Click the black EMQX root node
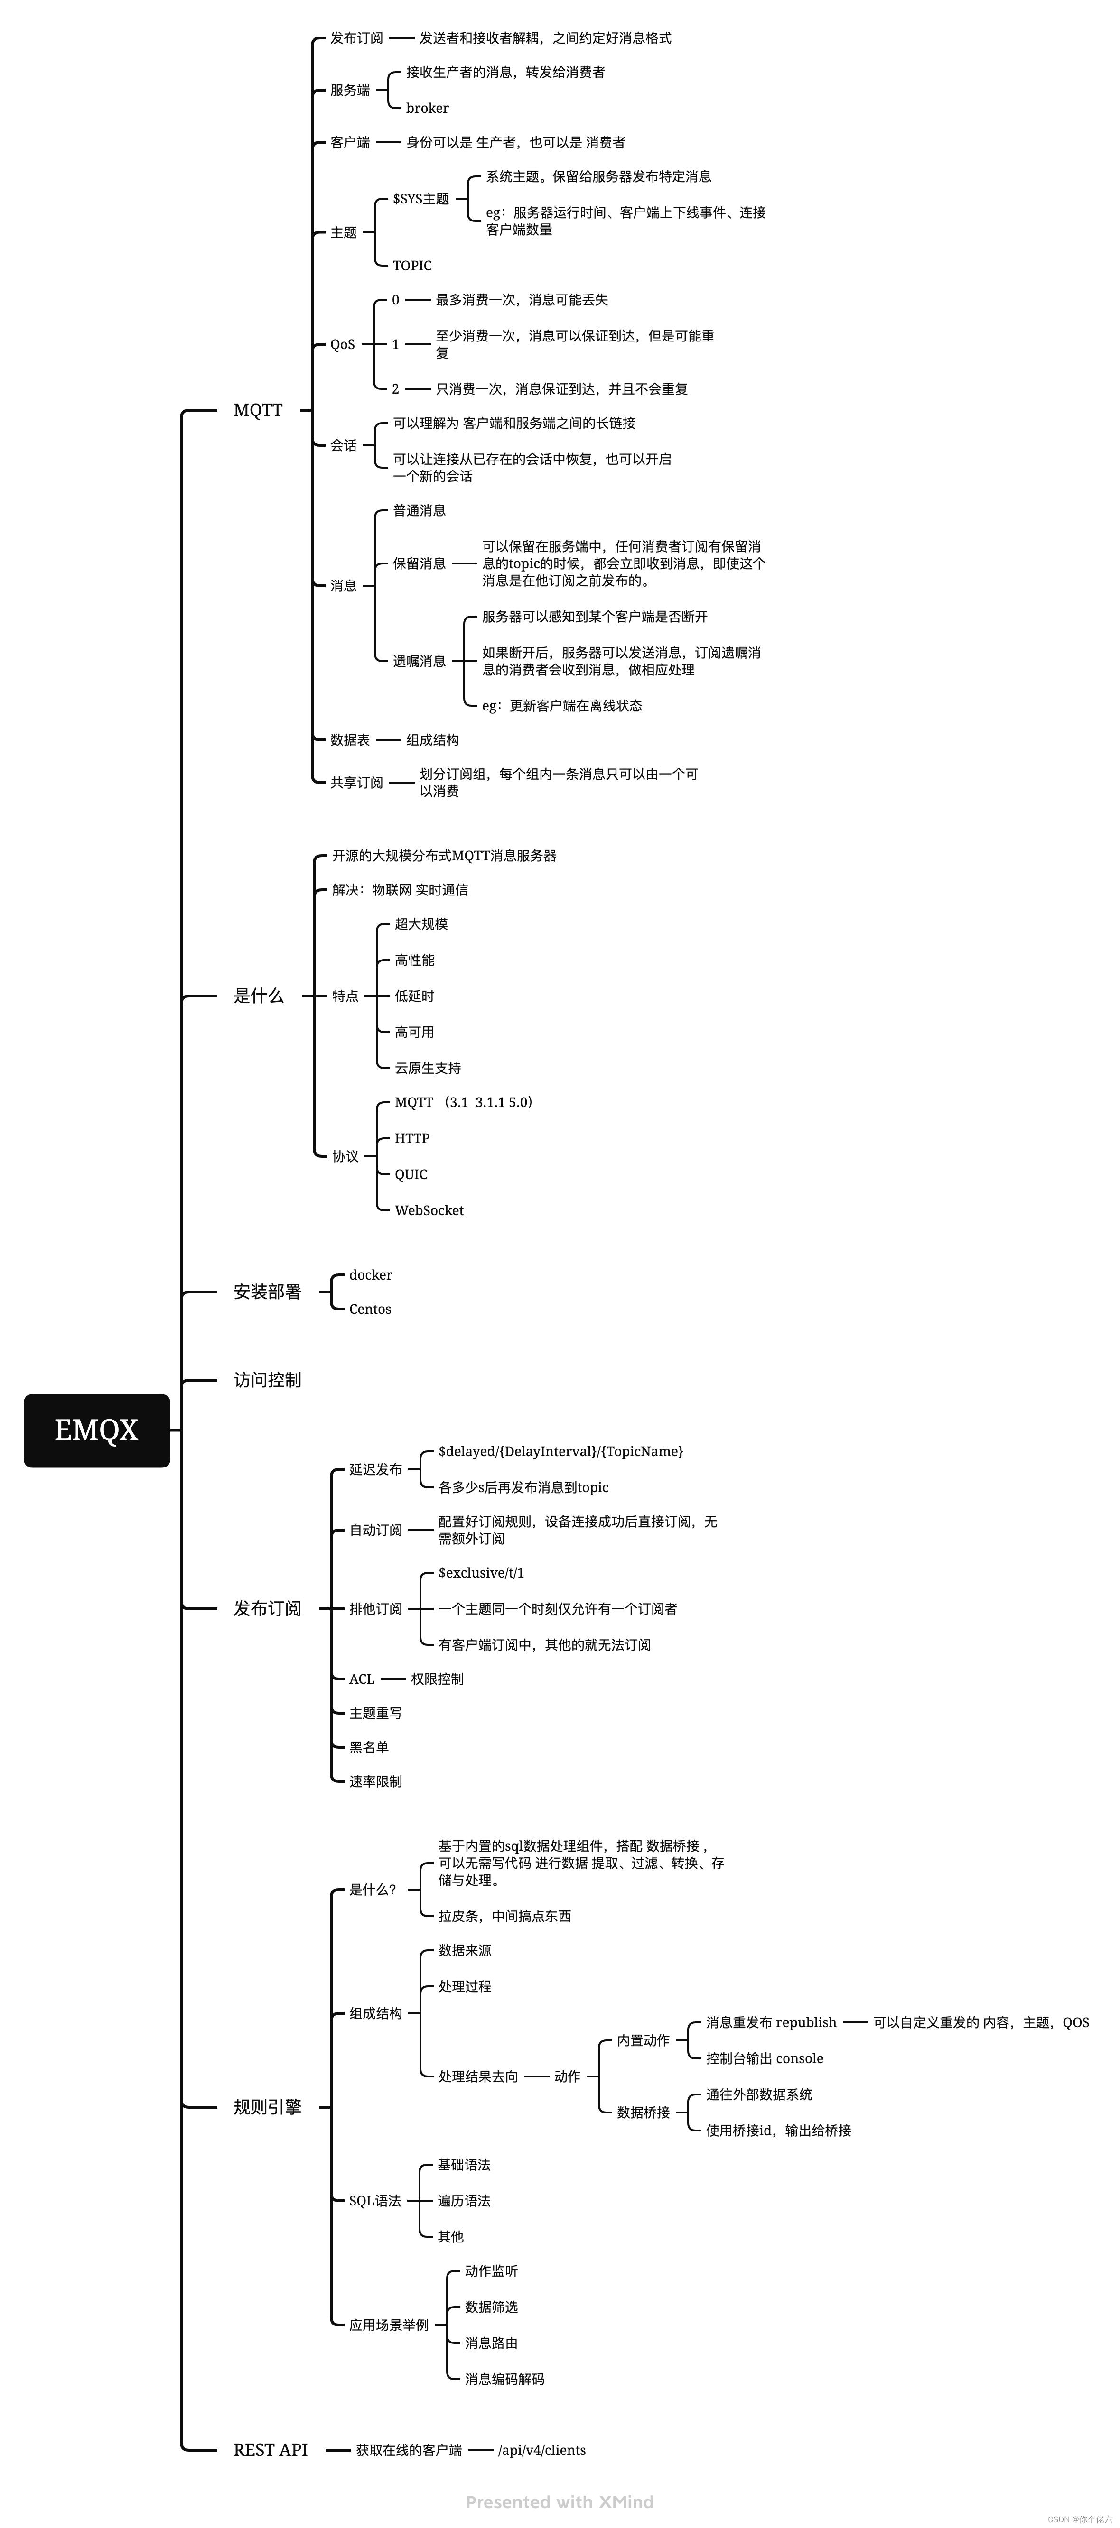point(96,1430)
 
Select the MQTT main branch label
point(257,410)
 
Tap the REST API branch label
point(270,2449)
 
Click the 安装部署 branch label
point(267,1292)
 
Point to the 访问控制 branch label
point(267,1380)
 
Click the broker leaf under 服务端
point(427,108)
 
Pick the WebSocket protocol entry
point(429,1210)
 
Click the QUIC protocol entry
point(411,1174)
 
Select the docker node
point(370,1275)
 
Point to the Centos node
point(370,1309)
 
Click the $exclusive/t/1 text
point(481,1572)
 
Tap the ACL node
point(361,1679)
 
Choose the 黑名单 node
point(369,1747)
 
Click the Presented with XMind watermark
point(560,2501)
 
